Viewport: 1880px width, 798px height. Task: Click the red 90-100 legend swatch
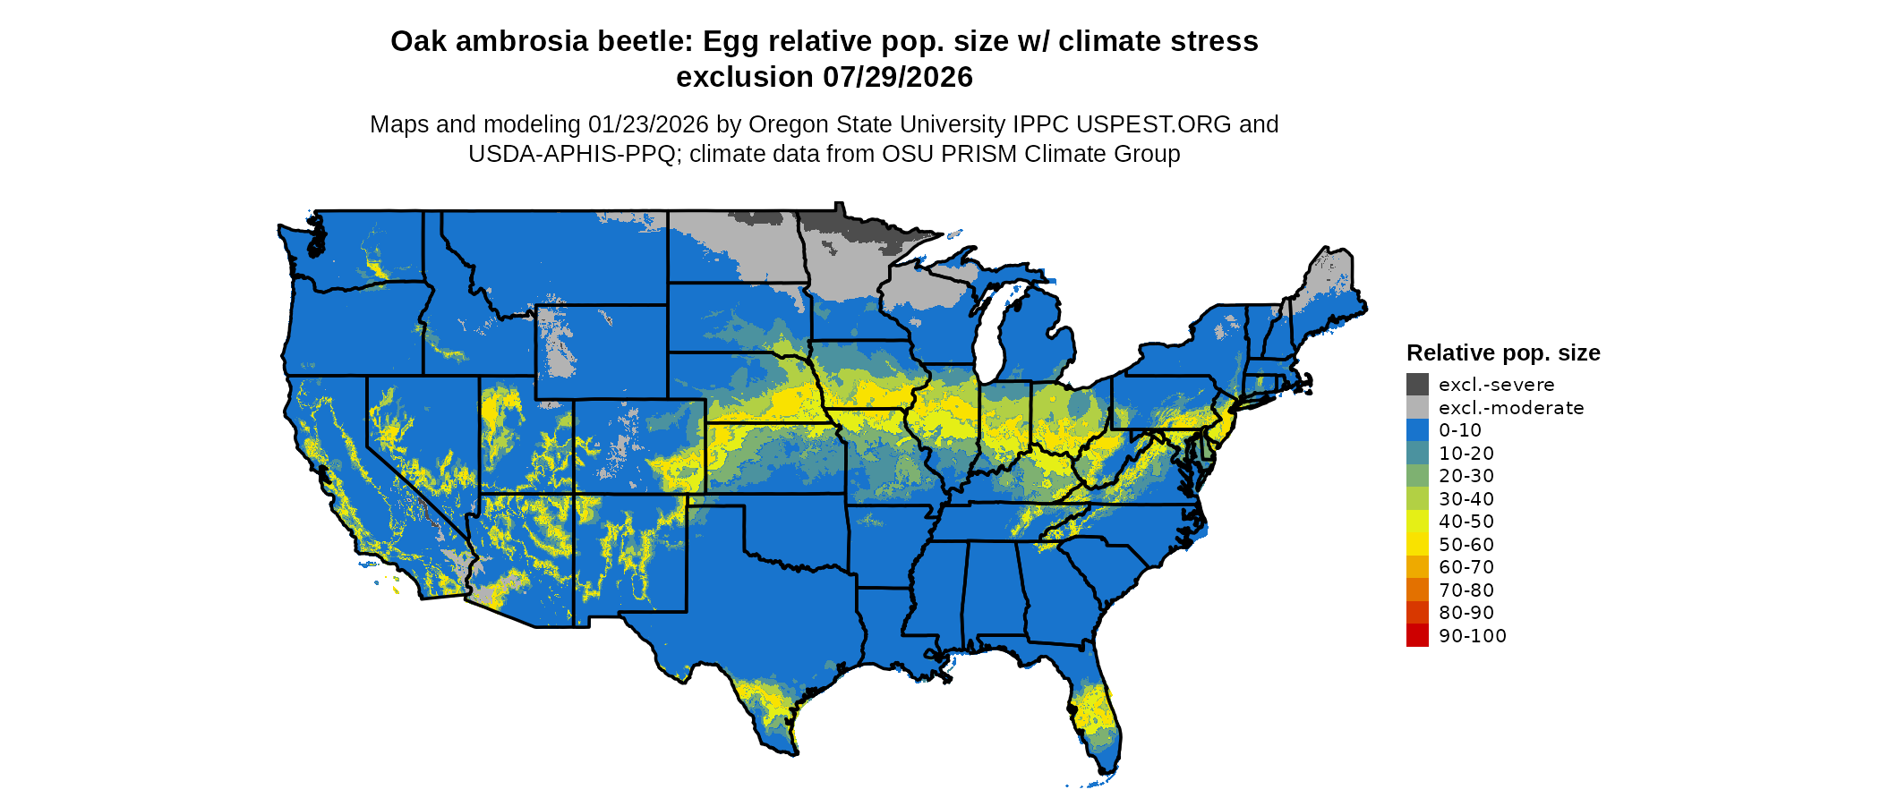point(1417,636)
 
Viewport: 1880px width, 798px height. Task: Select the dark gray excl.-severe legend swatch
point(1417,385)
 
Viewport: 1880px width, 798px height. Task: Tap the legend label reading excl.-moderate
point(1511,408)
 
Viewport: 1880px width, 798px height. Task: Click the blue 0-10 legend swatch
point(1417,430)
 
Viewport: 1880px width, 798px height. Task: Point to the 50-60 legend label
point(1466,545)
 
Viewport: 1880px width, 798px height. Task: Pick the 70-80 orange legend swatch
point(1417,590)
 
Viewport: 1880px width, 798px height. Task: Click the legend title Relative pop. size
point(1503,352)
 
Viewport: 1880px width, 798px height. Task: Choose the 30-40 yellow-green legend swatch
point(1417,499)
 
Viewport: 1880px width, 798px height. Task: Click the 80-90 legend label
point(1466,613)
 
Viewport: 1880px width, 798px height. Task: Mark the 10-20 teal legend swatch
point(1417,454)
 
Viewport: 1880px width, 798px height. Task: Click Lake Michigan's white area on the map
point(987,344)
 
